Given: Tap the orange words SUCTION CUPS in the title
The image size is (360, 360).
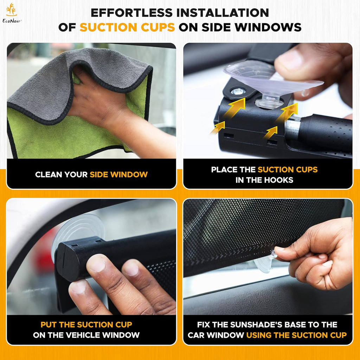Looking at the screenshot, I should click(127, 27).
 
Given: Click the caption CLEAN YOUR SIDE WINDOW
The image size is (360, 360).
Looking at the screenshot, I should click(91, 174).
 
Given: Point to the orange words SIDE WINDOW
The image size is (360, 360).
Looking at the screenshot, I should click(118, 174).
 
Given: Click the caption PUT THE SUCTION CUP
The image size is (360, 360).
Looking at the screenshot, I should click(86, 324).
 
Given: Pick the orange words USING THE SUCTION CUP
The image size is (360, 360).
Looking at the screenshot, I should click(296, 335).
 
